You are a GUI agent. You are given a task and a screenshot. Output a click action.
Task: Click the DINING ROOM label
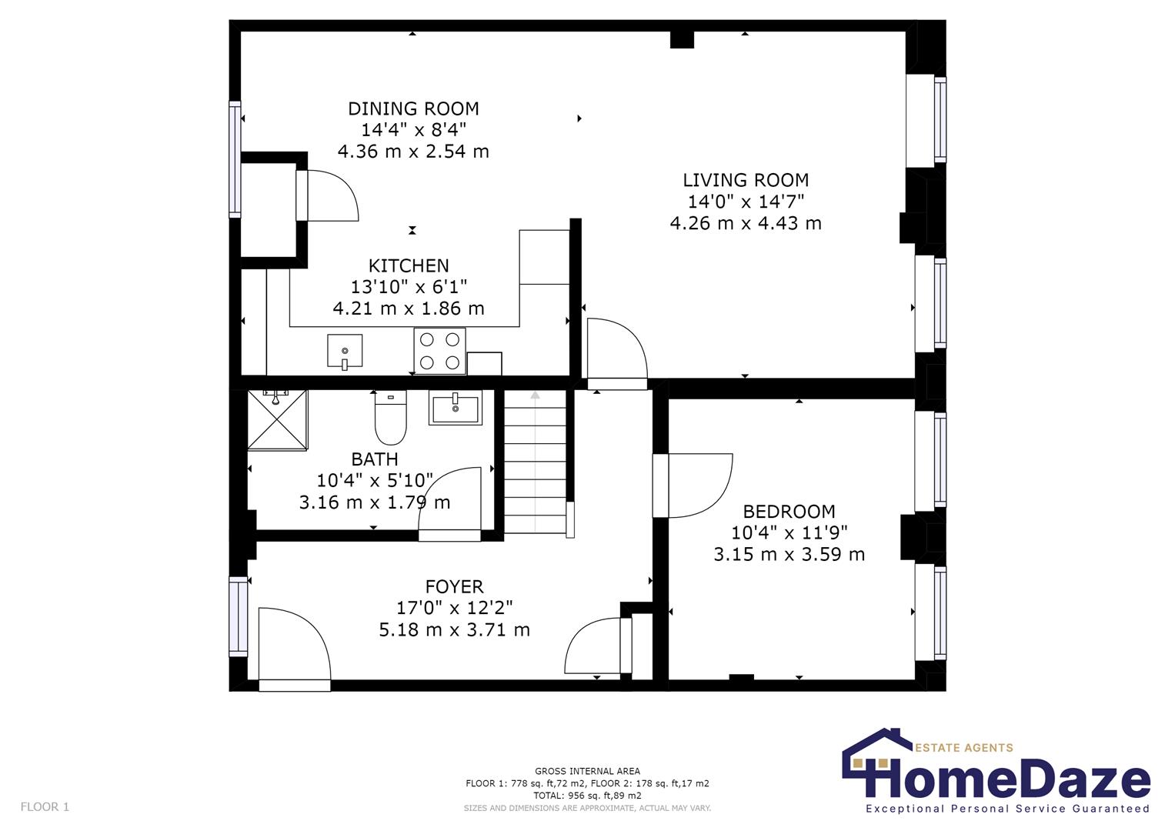[x=413, y=109]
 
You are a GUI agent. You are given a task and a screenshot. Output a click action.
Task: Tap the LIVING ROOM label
[x=746, y=181]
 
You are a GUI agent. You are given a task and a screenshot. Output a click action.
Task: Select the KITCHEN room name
[x=409, y=266]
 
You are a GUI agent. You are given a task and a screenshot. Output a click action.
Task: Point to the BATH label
[x=375, y=459]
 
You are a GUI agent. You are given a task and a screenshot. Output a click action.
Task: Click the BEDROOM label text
[x=789, y=512]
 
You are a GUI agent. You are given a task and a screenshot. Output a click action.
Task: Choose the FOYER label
[x=454, y=587]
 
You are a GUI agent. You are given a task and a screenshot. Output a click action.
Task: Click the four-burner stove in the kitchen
[x=439, y=351]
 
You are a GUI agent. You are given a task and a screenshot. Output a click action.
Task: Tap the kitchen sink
[x=344, y=352]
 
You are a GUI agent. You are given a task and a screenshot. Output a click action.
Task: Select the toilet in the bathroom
[x=390, y=419]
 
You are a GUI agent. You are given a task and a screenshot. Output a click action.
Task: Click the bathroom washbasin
[x=456, y=408]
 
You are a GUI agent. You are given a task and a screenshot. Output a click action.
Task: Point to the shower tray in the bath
[x=277, y=420]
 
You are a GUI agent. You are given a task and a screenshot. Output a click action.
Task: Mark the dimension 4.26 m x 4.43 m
[x=746, y=224]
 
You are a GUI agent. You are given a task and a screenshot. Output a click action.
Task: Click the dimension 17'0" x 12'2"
[x=454, y=609]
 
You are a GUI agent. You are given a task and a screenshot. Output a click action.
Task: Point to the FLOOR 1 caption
[x=45, y=807]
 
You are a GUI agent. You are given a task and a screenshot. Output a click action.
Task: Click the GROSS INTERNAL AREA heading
[x=587, y=771]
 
